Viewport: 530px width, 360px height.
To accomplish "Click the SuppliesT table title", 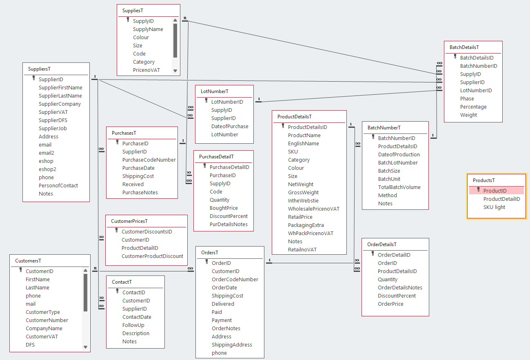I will point(133,11).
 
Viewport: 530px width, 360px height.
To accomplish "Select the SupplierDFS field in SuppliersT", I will point(53,120).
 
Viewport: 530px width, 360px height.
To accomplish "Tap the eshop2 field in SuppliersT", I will point(47,169).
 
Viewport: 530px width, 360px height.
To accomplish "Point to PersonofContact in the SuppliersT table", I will point(58,186).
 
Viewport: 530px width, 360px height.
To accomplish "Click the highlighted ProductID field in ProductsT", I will point(495,191).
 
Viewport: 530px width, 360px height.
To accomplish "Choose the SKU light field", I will point(494,207).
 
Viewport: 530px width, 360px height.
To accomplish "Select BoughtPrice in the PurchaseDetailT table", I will point(224,208).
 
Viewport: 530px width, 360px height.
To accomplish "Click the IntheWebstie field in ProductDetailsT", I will point(303,201).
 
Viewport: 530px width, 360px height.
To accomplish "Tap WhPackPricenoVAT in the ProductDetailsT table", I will point(310,233).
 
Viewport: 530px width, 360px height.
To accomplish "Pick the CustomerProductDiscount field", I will point(152,256).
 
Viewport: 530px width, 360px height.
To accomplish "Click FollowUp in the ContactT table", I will point(133,325).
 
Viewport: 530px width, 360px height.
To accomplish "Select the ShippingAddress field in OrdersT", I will point(232,345).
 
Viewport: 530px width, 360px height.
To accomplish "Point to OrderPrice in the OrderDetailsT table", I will point(390,304).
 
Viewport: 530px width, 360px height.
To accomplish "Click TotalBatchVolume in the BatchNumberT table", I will point(399,187).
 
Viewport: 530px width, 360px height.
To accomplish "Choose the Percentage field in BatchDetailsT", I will point(473,107).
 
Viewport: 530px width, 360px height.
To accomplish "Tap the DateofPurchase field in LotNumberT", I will point(230,127).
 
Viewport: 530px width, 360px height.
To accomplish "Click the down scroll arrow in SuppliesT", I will point(175,71).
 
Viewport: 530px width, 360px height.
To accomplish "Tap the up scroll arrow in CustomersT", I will point(85,271).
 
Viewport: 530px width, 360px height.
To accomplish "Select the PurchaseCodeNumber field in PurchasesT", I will point(149,160).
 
